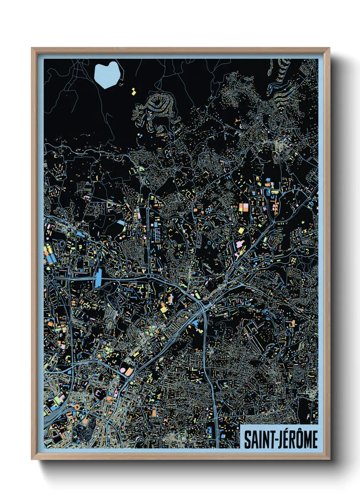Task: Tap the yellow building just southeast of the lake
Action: (134, 91)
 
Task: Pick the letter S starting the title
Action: (247, 440)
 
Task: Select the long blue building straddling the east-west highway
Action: (99, 278)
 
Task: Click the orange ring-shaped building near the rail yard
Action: (77, 407)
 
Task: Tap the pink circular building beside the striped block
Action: (122, 370)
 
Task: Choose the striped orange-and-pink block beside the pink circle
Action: (129, 371)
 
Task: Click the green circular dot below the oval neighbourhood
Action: (139, 136)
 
